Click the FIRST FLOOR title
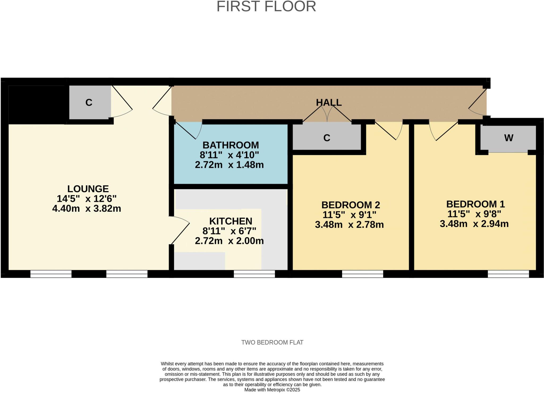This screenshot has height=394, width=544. [266, 6]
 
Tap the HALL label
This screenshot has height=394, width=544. [329, 102]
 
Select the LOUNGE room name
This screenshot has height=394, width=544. [88, 189]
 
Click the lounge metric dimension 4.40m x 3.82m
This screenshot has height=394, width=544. [87, 208]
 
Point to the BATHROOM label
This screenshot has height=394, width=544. [231, 145]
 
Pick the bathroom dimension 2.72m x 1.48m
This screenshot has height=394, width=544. [229, 165]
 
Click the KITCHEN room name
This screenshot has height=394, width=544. [231, 221]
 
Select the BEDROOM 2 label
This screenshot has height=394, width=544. [351, 205]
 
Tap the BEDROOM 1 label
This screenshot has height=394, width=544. [475, 204]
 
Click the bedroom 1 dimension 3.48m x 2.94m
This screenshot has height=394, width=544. [474, 224]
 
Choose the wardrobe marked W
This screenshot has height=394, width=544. [508, 138]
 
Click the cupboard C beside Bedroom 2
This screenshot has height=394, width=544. [326, 138]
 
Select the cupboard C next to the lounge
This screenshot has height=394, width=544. [89, 103]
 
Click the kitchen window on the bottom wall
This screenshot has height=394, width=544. [254, 274]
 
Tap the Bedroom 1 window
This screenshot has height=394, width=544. [508, 274]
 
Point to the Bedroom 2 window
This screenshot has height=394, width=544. [362, 274]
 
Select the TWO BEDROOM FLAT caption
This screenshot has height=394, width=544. [272, 342]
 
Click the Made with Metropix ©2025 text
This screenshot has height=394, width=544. [272, 390]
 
